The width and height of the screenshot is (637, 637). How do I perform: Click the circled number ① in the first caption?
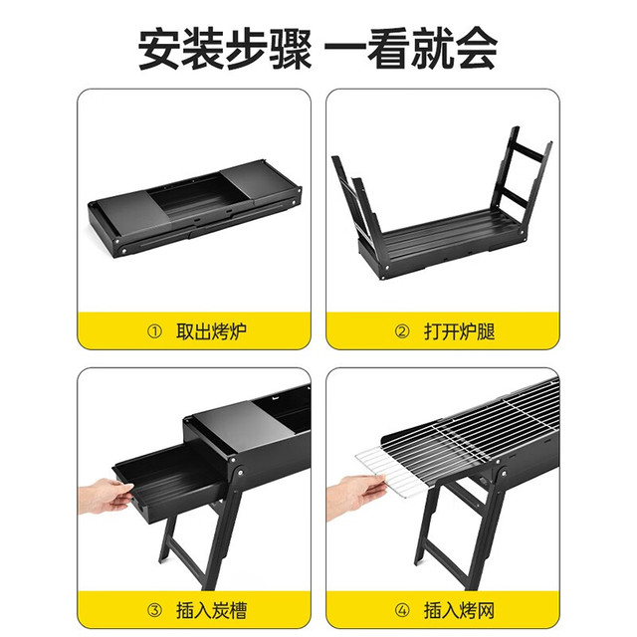pyautogui.click(x=154, y=331)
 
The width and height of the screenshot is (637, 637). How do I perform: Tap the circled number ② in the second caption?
pyautogui.click(x=402, y=331)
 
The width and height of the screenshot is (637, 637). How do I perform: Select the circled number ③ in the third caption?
pyautogui.click(x=154, y=610)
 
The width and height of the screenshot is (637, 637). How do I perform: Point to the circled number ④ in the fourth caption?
pyautogui.click(x=402, y=610)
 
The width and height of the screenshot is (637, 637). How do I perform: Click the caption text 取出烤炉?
pyautogui.click(x=211, y=331)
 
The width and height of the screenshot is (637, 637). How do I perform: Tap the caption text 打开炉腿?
pyautogui.click(x=460, y=331)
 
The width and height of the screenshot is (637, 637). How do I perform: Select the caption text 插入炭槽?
pyautogui.click(x=211, y=610)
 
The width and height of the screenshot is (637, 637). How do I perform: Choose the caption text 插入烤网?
pyautogui.click(x=460, y=610)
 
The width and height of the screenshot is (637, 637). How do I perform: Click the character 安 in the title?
pyautogui.click(x=158, y=50)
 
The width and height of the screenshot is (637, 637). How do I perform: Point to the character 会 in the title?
pyautogui.click(x=477, y=50)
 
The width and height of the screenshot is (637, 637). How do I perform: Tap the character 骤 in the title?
pyautogui.click(x=291, y=50)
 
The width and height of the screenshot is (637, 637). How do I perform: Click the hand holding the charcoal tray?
pyautogui.click(x=106, y=496)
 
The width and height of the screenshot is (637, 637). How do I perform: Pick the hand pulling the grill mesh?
pyautogui.click(x=354, y=497)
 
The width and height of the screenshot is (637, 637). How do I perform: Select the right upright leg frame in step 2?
pyautogui.click(x=521, y=183)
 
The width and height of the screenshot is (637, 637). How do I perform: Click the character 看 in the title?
pyautogui.click(x=389, y=50)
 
